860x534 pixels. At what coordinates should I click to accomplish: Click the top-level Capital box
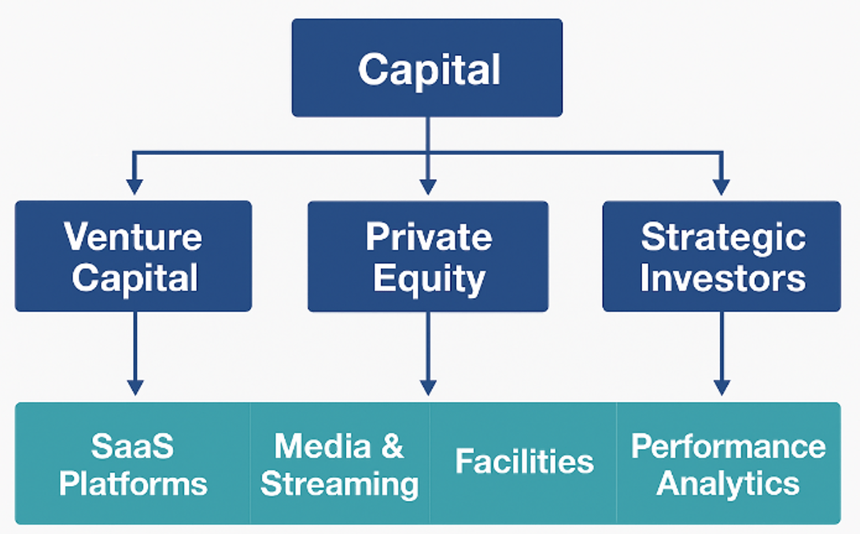[x=427, y=68]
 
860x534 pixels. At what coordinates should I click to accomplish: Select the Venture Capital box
[x=133, y=256]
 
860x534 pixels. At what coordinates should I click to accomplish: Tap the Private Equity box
[x=428, y=256]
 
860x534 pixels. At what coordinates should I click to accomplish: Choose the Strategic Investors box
[x=722, y=256]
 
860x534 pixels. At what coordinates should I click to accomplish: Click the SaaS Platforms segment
[x=133, y=464]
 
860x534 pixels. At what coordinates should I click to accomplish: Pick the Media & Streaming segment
[x=339, y=464]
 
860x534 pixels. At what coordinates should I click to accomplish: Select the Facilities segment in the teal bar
[x=524, y=462]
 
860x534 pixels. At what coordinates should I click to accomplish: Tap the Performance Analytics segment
[x=728, y=464]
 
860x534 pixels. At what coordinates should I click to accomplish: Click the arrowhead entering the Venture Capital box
[x=135, y=186]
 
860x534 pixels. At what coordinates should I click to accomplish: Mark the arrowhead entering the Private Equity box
[x=428, y=186]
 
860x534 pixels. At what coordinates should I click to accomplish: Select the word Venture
[x=133, y=236]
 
